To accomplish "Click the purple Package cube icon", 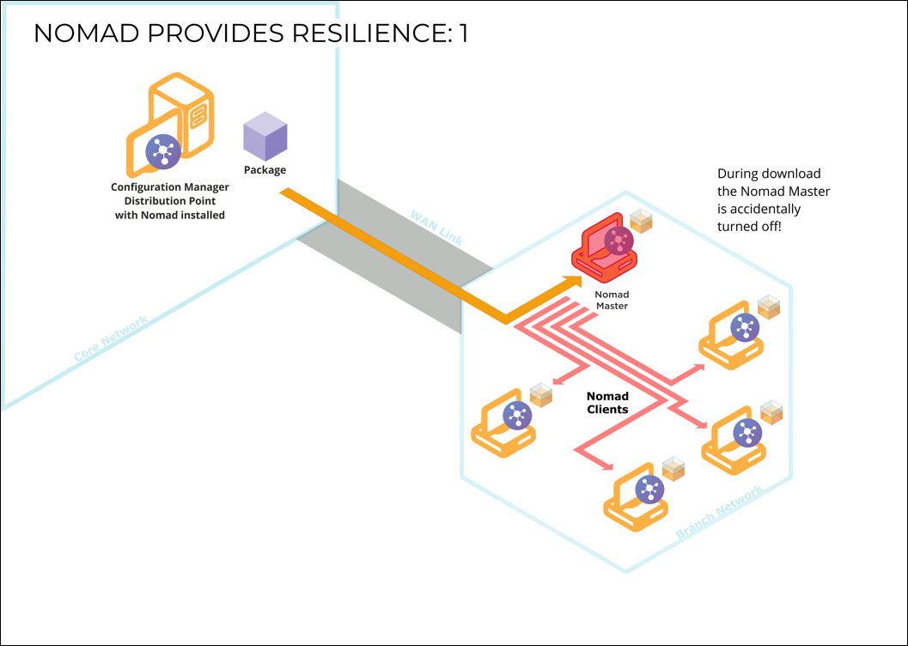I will [x=265, y=137].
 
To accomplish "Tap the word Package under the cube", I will [x=265, y=170].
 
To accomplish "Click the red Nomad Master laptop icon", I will [x=606, y=248].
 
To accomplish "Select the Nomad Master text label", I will [x=612, y=300].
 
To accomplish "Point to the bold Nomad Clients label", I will [x=607, y=403].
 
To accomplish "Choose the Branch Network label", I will [x=720, y=513].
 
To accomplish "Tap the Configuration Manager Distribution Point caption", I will [x=170, y=200].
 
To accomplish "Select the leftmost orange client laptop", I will [x=503, y=424].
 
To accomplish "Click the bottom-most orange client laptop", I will [x=637, y=498].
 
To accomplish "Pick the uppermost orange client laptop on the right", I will [x=732, y=336].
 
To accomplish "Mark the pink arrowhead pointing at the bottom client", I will [x=609, y=468].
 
